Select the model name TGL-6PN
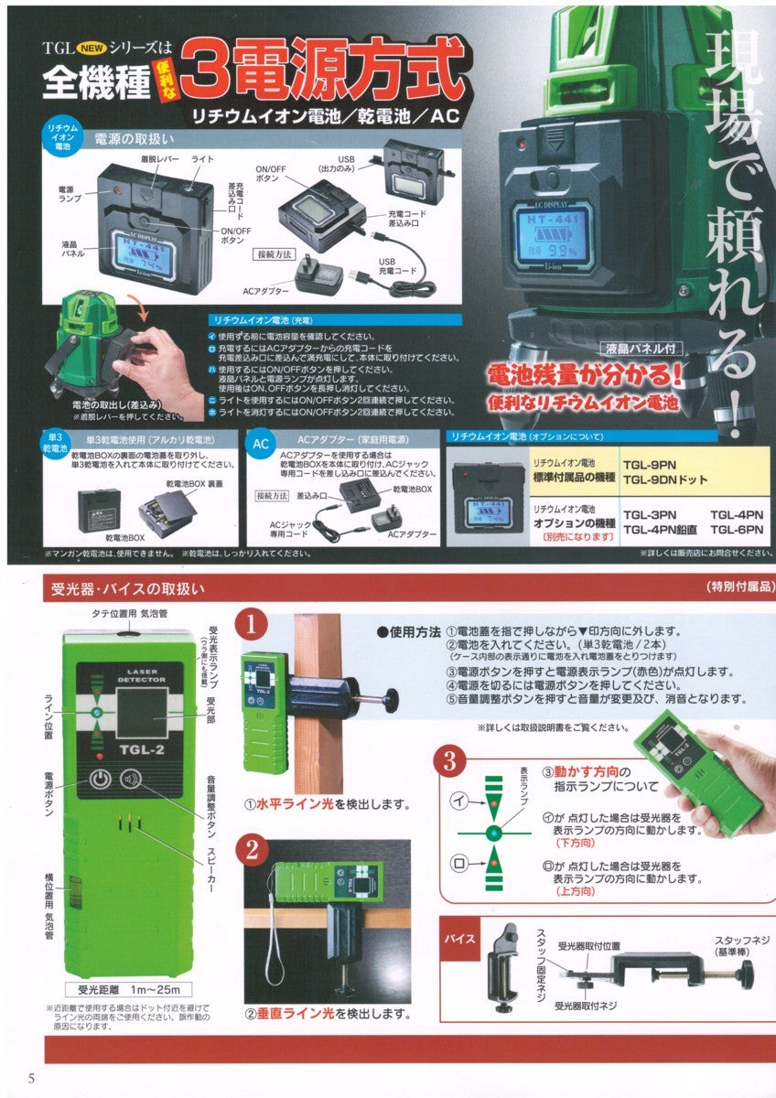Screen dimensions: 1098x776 pos(737,529)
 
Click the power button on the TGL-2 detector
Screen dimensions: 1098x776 pos(100,780)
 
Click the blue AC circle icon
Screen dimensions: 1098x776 pos(260,444)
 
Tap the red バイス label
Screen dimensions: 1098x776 pos(459,940)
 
